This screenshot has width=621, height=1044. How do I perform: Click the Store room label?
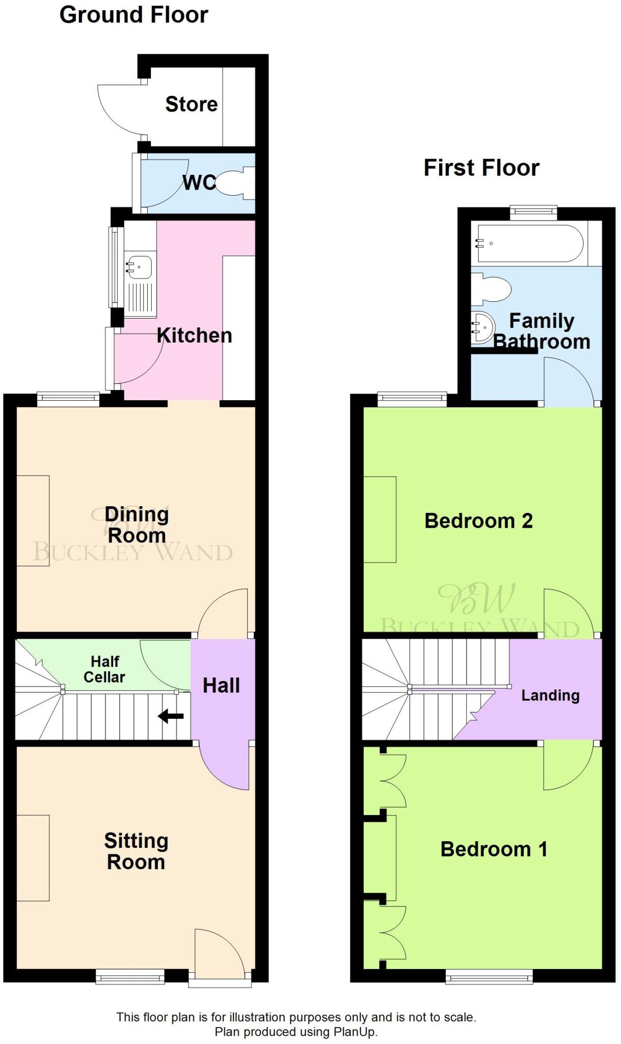coord(192,105)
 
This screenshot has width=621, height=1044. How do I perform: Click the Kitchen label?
coord(194,335)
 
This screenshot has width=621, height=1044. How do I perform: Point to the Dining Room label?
coord(137,525)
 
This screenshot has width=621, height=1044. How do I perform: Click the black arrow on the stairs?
coord(171,716)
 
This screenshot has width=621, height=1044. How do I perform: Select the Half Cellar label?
coord(104,669)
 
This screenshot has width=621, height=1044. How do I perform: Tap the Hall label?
coord(221,686)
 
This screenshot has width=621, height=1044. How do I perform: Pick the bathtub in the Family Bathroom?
coord(530,244)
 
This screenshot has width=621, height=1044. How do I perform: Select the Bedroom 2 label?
coord(478,521)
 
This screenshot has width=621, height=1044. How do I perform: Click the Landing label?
coord(550,695)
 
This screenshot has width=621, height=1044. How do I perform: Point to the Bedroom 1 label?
coord(494,849)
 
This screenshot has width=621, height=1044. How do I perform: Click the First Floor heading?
coord(481,168)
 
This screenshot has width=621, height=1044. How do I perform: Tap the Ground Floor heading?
coord(133,15)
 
